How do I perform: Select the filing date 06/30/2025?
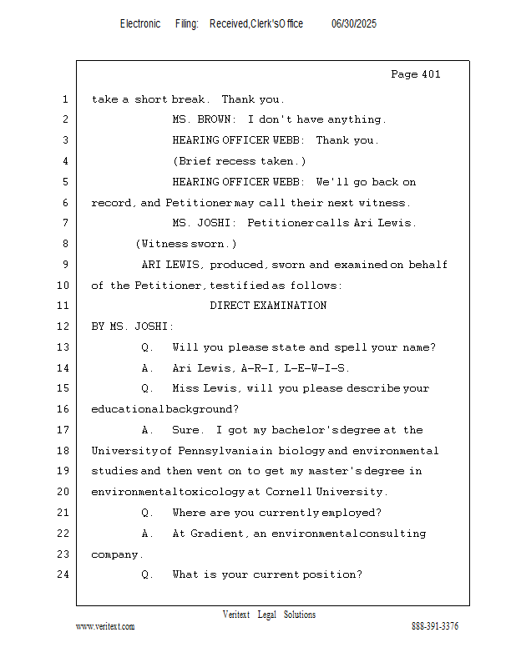[353, 24]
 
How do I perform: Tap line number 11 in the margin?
[64, 306]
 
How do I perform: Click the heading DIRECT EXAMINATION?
[268, 306]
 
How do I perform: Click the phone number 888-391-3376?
[434, 626]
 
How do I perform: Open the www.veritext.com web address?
[105, 626]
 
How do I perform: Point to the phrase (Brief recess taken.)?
[240, 161]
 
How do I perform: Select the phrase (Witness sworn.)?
[186, 244]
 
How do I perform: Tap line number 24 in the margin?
[64, 574]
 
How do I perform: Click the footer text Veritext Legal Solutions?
[269, 615]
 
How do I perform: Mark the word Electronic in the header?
[140, 24]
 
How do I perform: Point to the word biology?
[302, 451]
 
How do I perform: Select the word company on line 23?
[117, 554]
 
